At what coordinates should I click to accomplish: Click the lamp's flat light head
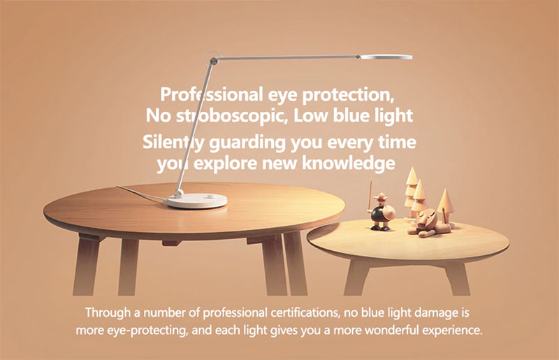pos(386,57)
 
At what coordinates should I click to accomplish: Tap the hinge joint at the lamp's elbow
pos(213,61)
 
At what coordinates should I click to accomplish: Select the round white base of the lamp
pos(197,201)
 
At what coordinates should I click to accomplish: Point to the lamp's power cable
pos(141,193)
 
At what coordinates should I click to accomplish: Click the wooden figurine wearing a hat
pos(380,213)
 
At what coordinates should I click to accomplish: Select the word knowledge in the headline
pos(348,163)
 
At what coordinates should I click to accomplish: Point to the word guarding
pos(247,143)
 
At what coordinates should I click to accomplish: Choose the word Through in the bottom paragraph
pos(108,313)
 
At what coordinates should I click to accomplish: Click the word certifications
pos(304,313)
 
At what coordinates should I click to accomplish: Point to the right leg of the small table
pos(458,279)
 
